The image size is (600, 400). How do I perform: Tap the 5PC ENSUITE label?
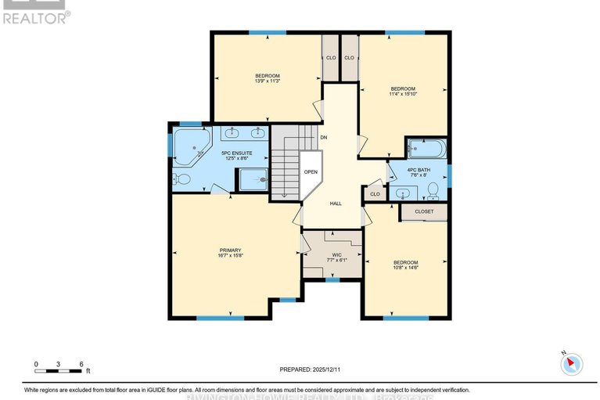(x=236, y=153)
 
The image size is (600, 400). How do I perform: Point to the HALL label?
(x=335, y=204)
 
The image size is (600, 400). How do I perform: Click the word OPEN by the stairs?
(x=311, y=171)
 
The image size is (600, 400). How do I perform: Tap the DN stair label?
(x=323, y=138)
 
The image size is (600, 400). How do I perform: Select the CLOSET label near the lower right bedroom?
(x=424, y=211)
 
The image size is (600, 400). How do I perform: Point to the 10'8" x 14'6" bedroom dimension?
(x=405, y=268)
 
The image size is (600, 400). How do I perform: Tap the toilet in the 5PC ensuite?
(x=181, y=180)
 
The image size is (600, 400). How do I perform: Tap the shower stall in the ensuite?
(x=252, y=180)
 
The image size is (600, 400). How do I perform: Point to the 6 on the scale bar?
(x=81, y=364)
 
